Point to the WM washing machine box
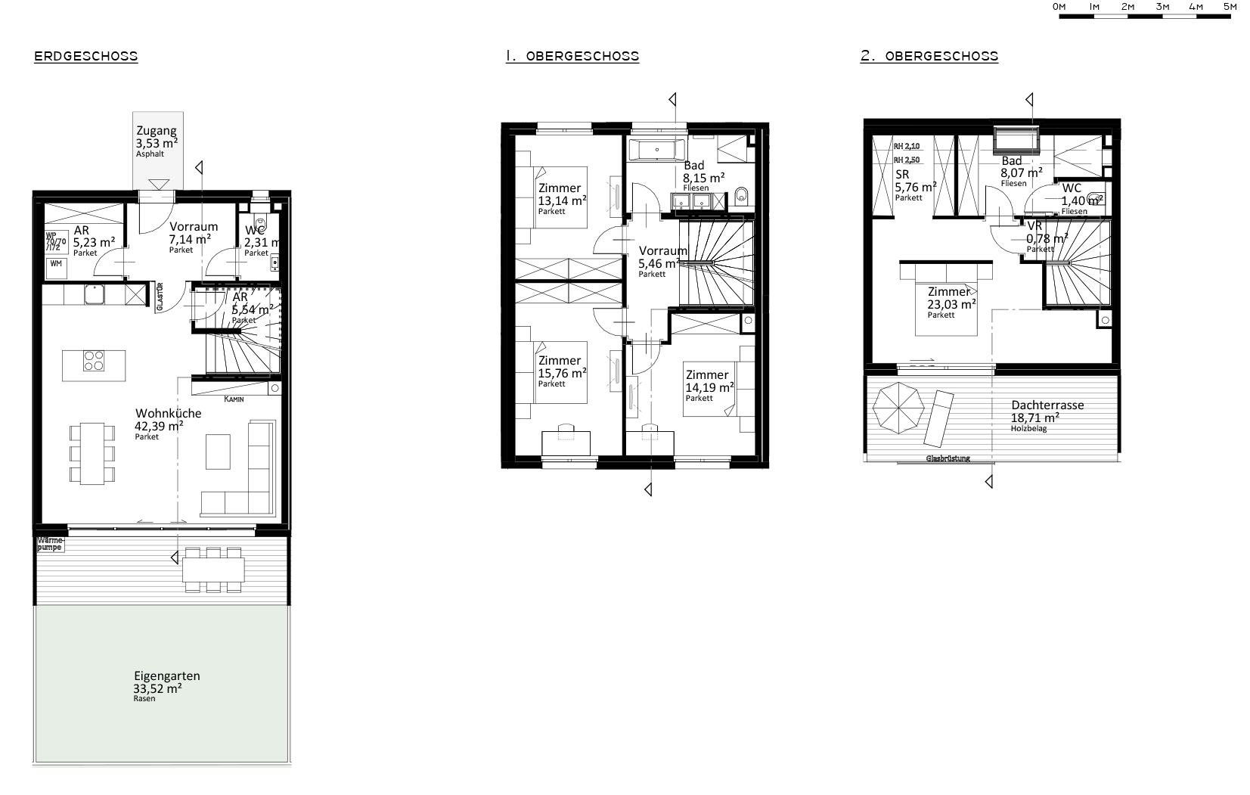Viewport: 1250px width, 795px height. pyautogui.click(x=56, y=263)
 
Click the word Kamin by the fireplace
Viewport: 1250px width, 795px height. pyautogui.click(x=234, y=399)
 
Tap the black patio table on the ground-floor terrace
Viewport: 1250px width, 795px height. pyautogui.click(x=214, y=570)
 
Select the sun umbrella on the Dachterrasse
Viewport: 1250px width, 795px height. pyautogui.click(x=898, y=408)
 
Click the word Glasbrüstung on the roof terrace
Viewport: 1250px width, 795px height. pyautogui.click(x=948, y=458)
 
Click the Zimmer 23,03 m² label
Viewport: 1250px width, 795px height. pyautogui.click(x=951, y=299)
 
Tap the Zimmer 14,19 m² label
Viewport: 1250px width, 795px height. pyautogui.click(x=707, y=381)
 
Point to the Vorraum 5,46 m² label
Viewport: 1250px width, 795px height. pyautogui.click(x=662, y=258)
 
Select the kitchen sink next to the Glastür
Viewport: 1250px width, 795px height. pyautogui.click(x=95, y=293)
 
